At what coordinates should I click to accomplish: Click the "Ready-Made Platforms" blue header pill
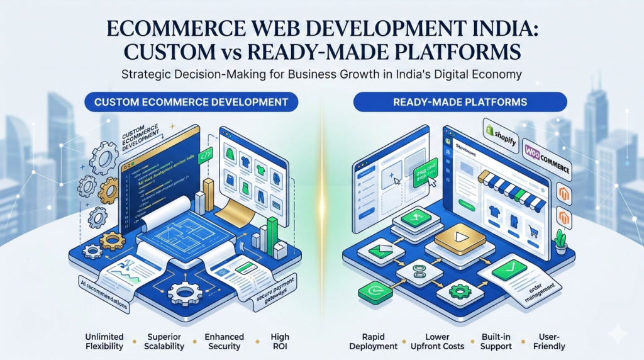460,101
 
